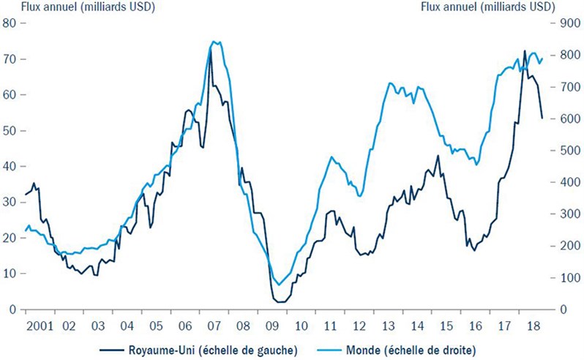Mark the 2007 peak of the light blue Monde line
click(x=214, y=42)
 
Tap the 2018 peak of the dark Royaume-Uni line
click(x=525, y=50)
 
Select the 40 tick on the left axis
click(x=11, y=166)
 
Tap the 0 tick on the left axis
click(x=14, y=310)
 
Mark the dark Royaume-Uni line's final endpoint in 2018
click(x=542, y=118)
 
